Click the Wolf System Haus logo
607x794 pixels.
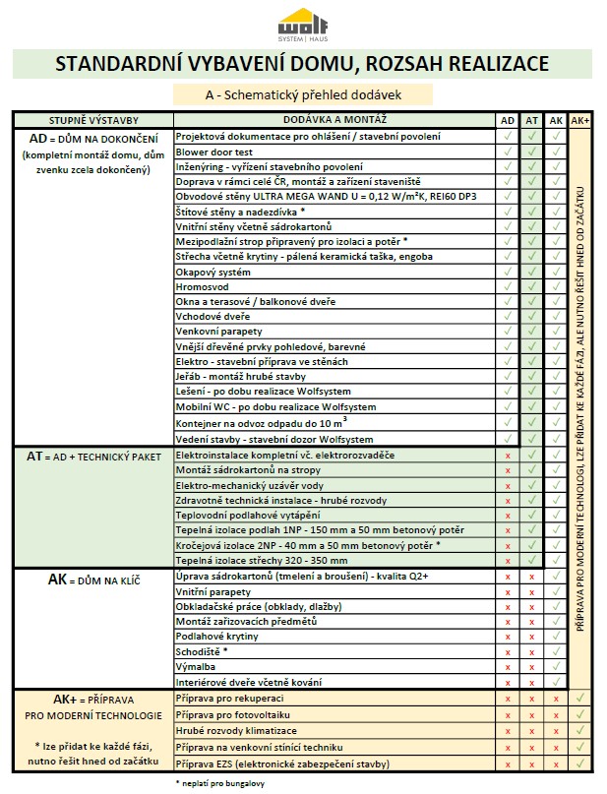[x=303, y=24]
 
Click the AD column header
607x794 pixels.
[x=508, y=120]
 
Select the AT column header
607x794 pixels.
[x=531, y=120]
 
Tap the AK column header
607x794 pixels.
[x=556, y=120]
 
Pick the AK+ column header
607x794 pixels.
[x=580, y=120]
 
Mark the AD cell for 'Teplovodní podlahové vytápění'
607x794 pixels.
[x=508, y=515]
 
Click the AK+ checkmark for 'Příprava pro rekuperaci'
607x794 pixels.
[x=580, y=698]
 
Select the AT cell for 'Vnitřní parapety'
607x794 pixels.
[x=531, y=592]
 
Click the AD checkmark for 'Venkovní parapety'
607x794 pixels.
[x=508, y=332]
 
